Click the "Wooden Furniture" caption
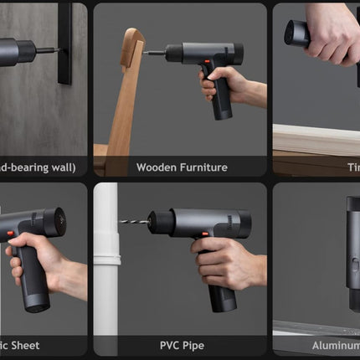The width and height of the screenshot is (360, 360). click(x=182, y=167)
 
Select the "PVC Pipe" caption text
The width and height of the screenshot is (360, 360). click(x=181, y=345)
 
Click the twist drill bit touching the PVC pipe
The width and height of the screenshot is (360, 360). click(x=133, y=223)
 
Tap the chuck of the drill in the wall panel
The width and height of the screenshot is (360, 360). click(x=25, y=51)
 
